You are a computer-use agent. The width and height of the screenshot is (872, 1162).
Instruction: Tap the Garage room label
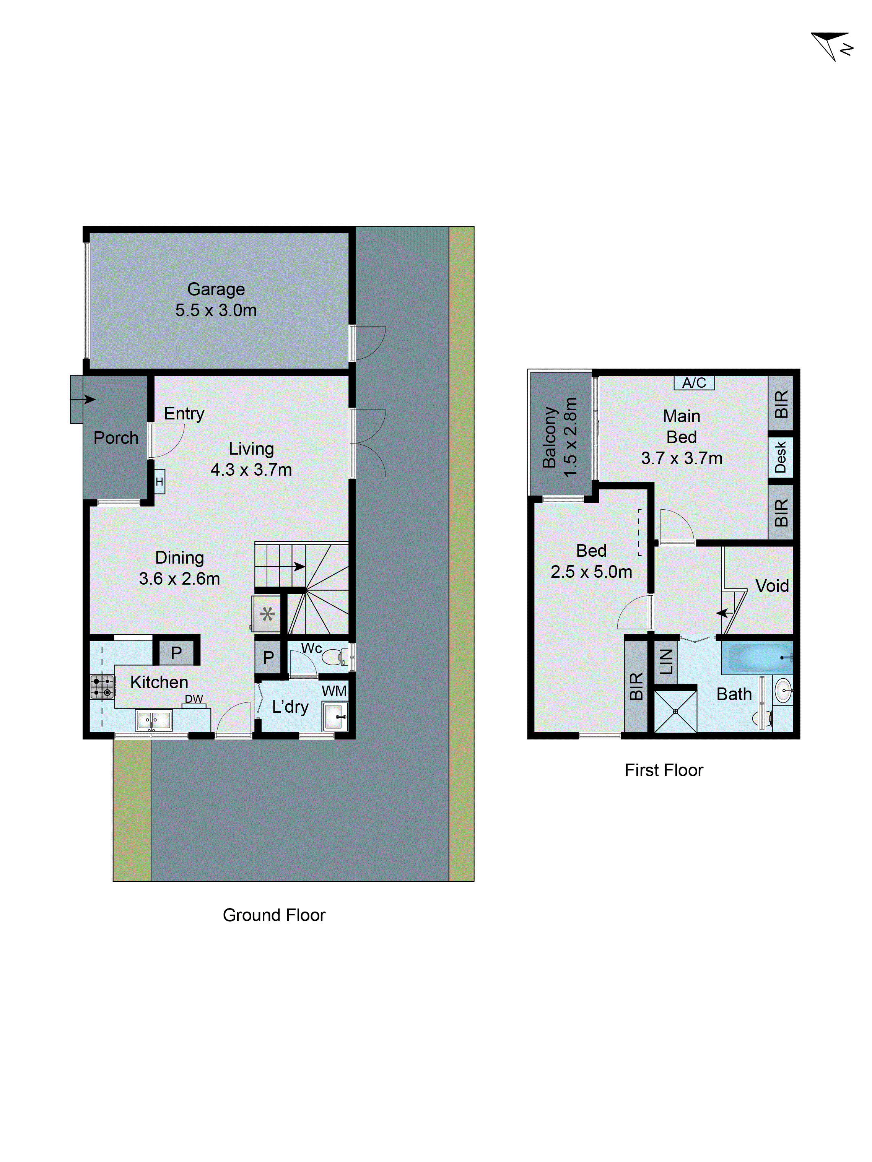click(x=216, y=289)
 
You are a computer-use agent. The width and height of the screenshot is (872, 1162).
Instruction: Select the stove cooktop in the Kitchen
click(x=102, y=687)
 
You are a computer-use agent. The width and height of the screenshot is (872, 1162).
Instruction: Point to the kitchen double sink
click(x=153, y=720)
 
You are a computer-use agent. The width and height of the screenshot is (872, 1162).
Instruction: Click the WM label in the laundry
click(x=334, y=691)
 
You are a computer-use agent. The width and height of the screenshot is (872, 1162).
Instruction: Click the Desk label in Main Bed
click(x=781, y=457)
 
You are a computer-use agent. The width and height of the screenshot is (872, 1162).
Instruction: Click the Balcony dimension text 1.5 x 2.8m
click(x=570, y=437)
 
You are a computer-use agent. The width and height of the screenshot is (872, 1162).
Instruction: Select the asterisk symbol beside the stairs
click(x=267, y=614)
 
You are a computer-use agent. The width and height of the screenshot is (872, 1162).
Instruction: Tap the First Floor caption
click(x=664, y=770)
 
